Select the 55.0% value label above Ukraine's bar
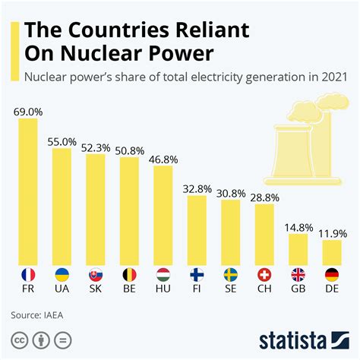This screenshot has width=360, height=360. click(x=62, y=141)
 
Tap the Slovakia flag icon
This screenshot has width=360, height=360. click(x=96, y=274)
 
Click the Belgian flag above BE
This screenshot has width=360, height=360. click(x=129, y=274)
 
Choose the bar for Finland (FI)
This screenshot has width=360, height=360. click(x=197, y=229)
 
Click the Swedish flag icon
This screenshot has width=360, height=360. click(x=231, y=274)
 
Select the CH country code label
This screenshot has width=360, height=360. click(x=264, y=289)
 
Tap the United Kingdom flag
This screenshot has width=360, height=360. click(x=298, y=274)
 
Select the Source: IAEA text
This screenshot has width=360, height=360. click(x=37, y=313)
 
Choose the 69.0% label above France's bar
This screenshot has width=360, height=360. click(x=28, y=111)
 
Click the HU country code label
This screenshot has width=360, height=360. click(x=163, y=289)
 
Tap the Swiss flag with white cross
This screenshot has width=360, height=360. click(x=264, y=274)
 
